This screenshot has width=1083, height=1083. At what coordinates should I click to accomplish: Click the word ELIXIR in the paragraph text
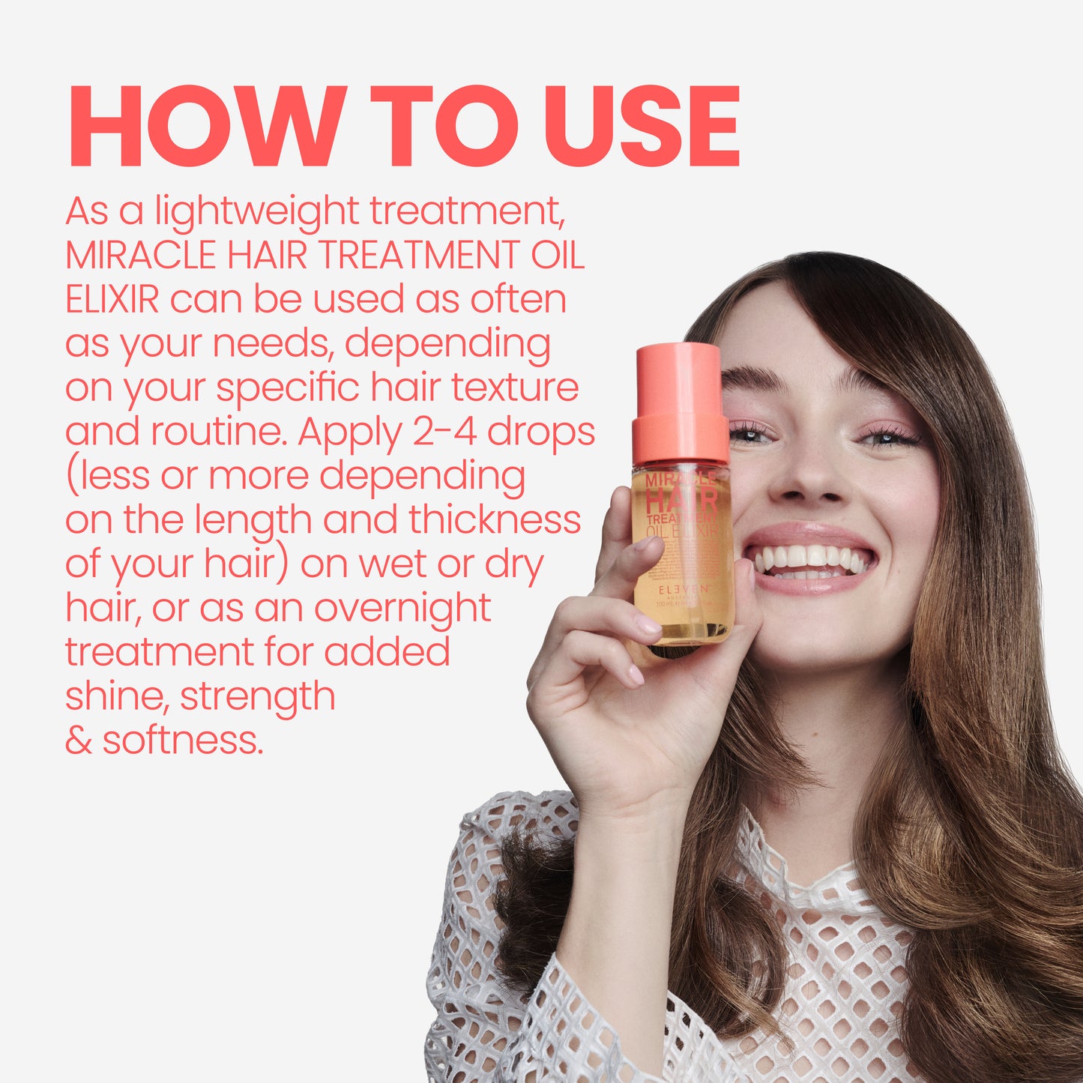point(112,299)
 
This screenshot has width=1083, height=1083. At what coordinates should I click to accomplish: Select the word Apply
point(349,433)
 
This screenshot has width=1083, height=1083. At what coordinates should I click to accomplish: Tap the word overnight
point(402,609)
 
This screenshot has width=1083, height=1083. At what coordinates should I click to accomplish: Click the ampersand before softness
point(78,740)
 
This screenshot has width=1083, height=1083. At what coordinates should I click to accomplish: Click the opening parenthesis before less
point(71,477)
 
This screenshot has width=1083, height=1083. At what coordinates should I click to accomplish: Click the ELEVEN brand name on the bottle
point(683,590)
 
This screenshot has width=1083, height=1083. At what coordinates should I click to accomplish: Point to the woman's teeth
point(809,558)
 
